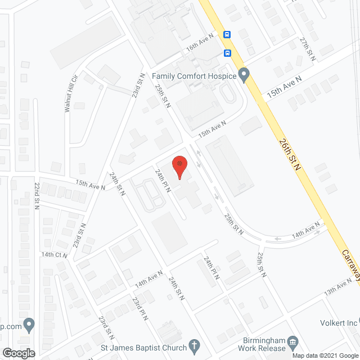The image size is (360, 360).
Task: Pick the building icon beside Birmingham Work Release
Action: click(292, 341)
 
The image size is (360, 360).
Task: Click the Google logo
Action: click(18, 353)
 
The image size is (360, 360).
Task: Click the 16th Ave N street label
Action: click(201, 43)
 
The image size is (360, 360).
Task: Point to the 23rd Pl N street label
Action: click(139, 309)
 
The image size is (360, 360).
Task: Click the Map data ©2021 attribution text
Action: click(313, 355)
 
